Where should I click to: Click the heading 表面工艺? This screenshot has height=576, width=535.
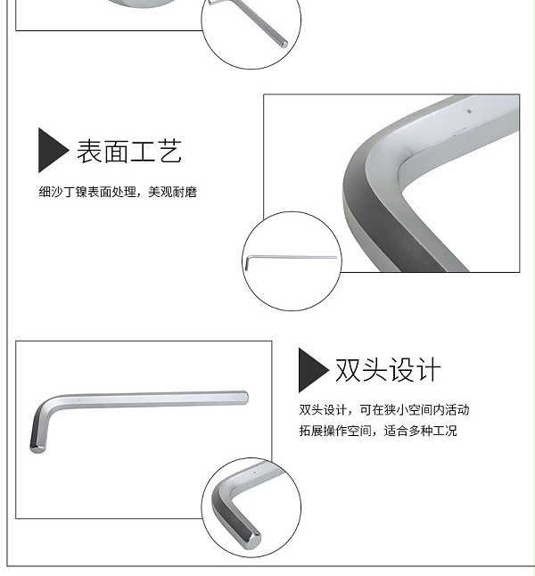click(x=129, y=151)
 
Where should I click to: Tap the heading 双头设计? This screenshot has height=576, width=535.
click(x=388, y=369)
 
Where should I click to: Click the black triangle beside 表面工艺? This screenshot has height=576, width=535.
click(x=52, y=150)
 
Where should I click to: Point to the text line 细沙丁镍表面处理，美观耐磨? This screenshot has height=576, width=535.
click(x=118, y=192)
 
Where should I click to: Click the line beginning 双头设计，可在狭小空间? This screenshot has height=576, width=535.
click(x=384, y=409)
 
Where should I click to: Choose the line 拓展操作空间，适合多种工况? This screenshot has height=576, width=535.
click(x=378, y=431)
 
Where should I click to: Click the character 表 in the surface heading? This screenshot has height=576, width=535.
click(x=89, y=151)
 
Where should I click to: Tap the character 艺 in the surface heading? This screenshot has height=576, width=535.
click(x=169, y=151)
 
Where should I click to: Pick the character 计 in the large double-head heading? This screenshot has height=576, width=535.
click(x=428, y=369)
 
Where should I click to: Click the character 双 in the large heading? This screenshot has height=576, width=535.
click(x=348, y=369)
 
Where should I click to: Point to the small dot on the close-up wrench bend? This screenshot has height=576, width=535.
click(x=469, y=111)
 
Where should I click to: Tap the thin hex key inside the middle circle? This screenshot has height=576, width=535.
click(x=291, y=258)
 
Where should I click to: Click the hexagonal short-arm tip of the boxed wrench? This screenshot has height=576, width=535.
click(x=37, y=448)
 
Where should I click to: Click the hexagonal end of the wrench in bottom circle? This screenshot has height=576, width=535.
click(x=253, y=540)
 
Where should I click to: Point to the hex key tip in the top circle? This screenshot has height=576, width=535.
click(x=284, y=44)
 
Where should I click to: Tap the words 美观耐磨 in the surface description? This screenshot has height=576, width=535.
click(x=173, y=192)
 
